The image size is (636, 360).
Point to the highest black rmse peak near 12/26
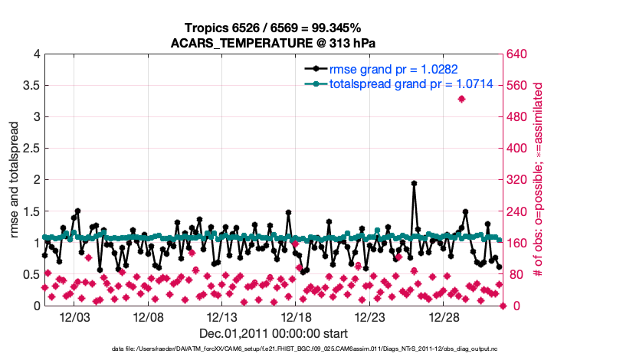tap(414, 183)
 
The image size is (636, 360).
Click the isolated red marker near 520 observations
tap(461, 99)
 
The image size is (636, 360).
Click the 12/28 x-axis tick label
tap(441, 317)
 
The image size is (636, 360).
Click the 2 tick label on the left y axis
tap(34, 180)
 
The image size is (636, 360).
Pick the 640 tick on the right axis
tap(517, 54)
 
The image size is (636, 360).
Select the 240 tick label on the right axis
tap(517, 211)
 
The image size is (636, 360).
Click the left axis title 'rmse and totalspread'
tap(15, 180)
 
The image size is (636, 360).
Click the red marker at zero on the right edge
tap(503, 306)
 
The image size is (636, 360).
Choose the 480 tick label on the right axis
tap(517, 117)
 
